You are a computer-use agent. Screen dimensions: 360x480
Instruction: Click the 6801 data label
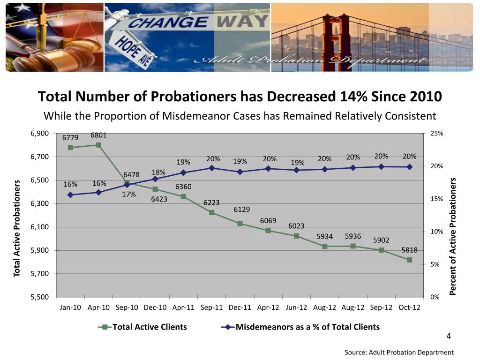98,135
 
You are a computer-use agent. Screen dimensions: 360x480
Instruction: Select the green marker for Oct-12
409,260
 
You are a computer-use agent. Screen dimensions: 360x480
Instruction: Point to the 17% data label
128,194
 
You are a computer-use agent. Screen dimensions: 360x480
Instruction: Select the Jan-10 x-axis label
70,307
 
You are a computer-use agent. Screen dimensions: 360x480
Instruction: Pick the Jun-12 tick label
296,307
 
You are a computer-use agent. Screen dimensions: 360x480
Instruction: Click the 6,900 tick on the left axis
39,134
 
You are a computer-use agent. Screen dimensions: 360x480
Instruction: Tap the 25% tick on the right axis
436,134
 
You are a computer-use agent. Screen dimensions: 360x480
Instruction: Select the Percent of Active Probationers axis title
453,236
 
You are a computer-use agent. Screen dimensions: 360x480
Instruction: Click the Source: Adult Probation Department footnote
399,352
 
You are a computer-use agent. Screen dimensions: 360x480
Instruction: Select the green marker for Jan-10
70,147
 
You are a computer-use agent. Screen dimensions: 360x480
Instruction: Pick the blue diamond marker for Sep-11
211,168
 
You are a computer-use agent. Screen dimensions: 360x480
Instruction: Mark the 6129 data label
242,210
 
